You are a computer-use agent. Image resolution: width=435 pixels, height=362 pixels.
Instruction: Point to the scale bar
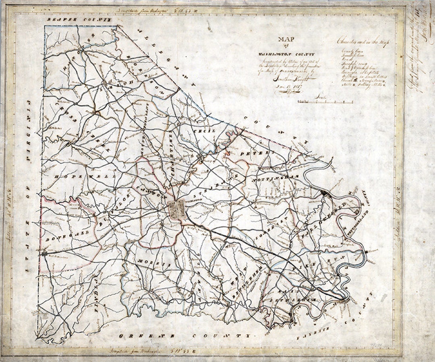click(325, 102)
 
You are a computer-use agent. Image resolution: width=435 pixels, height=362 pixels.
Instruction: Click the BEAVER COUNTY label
click(79, 19)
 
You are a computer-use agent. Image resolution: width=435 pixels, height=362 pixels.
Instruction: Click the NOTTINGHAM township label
click(275, 177)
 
